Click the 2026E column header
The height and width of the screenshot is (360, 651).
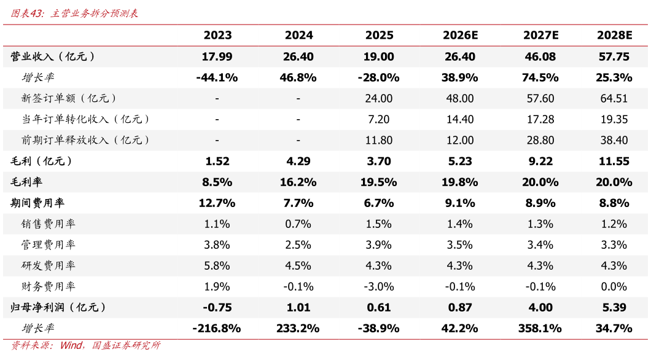click(460, 35)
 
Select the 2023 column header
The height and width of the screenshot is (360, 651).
click(217, 35)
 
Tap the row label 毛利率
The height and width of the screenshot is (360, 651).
click(26, 182)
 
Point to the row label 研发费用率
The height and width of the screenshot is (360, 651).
click(48, 265)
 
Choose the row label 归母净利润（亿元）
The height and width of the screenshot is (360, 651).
click(58, 307)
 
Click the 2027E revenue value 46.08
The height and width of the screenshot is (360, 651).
click(540, 57)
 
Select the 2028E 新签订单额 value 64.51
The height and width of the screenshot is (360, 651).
click(614, 98)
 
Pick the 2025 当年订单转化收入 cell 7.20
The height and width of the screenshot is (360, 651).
click(379, 119)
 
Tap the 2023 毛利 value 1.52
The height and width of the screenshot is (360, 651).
click(217, 161)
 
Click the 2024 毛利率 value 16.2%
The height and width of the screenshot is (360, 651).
click(298, 182)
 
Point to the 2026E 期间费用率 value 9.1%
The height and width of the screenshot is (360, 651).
click(459, 203)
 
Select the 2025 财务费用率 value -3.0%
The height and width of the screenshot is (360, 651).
click(379, 286)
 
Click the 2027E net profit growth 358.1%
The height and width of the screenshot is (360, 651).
click(540, 329)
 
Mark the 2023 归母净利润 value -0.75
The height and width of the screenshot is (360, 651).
click(217, 307)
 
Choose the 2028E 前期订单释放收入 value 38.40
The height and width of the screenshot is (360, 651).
click(614, 140)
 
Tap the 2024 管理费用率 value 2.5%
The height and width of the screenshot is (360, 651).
click(298, 245)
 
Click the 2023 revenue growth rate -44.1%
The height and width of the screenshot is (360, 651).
click(217, 77)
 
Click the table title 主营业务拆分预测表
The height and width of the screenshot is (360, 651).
click(94, 14)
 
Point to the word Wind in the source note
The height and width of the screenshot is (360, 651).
click(71, 345)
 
